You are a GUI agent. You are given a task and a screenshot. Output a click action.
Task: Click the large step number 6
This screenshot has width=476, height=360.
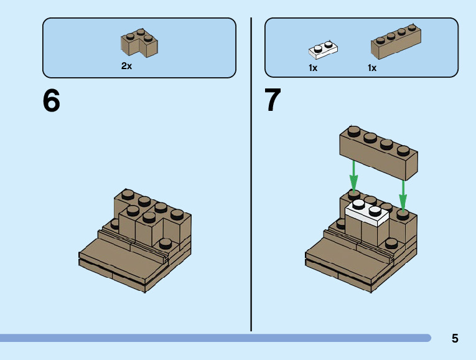coord(52,101)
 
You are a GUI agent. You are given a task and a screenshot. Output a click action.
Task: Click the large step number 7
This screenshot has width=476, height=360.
coord(273,101)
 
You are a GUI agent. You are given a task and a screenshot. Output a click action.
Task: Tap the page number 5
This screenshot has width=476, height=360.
coord(455,339)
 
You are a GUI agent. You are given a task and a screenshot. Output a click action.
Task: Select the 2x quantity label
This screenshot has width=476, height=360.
coord(126,66)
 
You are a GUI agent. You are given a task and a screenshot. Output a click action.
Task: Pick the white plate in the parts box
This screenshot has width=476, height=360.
coord(323,49)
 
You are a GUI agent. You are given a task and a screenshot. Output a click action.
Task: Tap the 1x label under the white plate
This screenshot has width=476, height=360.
coord(313,68)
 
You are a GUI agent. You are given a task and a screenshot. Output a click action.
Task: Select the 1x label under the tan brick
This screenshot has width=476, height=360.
coord(372,68)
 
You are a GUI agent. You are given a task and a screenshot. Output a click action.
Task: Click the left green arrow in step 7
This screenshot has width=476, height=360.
coord(353,176)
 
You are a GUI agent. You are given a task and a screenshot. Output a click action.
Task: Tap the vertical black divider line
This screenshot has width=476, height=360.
coord(251,174)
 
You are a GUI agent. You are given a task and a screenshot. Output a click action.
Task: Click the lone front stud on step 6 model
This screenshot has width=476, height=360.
coord(166,243)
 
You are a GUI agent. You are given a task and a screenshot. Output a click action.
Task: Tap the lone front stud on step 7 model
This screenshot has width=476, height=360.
coord(392,243)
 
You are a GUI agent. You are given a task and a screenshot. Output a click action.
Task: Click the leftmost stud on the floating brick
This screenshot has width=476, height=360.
coord(353,130)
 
